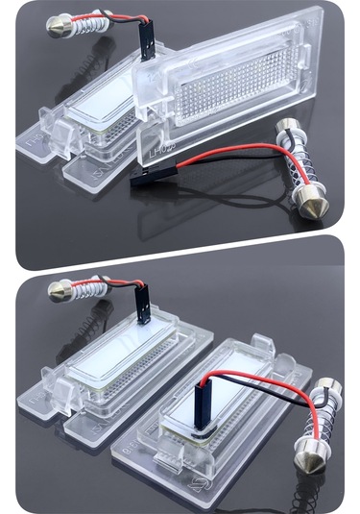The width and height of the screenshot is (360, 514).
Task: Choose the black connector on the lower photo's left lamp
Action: [x=142, y=306]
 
